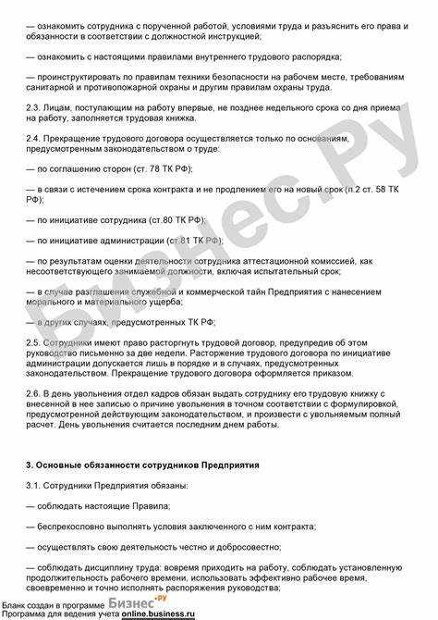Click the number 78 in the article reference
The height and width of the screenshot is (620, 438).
[x=153, y=170]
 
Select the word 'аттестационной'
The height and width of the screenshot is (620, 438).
[x=276, y=262]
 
